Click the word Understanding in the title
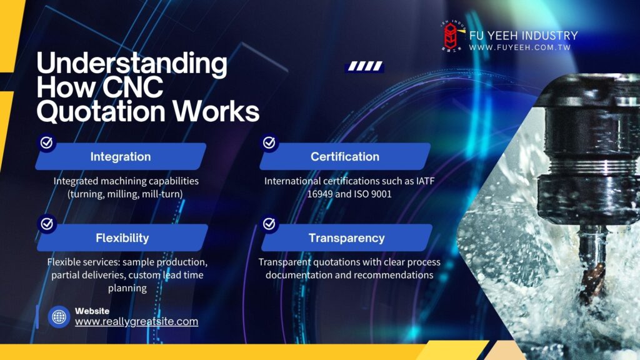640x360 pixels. point(132,64)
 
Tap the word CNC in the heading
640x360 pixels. point(132,86)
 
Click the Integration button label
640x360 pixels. point(121,157)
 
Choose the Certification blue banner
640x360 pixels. point(345,156)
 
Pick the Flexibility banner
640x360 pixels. point(122,237)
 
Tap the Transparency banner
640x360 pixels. point(346,237)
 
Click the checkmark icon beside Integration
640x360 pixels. point(46,142)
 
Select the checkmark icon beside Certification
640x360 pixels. point(269,142)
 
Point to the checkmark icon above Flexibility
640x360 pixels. point(47,224)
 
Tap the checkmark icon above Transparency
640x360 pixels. point(269,224)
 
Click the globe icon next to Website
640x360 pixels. point(59,316)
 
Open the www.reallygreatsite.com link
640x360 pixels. point(136,322)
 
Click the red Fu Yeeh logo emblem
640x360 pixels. point(451,36)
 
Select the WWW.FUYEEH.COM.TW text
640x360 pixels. point(519,47)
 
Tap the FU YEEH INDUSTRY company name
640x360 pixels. point(524,36)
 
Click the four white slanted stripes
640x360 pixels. point(365,66)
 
